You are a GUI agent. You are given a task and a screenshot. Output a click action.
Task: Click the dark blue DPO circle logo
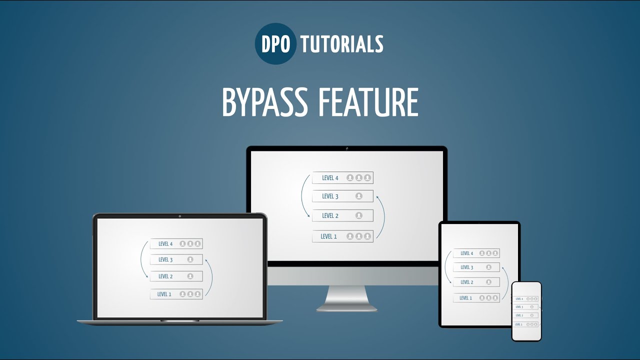coord(275,44)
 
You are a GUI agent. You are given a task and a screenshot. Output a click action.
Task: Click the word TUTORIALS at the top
coord(341,44)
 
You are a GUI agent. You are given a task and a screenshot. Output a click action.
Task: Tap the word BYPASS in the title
coord(264,102)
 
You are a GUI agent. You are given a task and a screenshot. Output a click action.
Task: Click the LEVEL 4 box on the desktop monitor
coord(342,178)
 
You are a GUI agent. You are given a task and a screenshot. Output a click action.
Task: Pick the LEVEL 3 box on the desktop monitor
coord(342,196)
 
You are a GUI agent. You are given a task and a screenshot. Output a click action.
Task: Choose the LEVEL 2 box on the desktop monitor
coord(342,216)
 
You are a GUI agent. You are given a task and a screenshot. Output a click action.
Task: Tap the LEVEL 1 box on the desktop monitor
coord(342,236)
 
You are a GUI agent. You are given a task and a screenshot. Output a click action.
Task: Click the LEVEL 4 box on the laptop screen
coord(176,244)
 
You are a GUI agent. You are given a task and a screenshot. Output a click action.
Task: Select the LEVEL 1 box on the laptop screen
coord(176,294)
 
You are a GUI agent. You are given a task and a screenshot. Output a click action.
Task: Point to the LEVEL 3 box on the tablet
coord(476,267)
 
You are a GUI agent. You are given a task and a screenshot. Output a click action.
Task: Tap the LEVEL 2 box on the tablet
coord(476,282)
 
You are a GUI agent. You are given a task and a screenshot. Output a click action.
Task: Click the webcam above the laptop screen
coord(179,216)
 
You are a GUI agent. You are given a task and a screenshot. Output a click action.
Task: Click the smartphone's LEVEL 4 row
coord(526,299)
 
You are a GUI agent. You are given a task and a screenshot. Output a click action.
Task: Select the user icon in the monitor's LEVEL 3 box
coord(358,196)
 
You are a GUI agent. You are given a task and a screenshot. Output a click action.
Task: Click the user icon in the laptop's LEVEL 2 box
coord(190,276)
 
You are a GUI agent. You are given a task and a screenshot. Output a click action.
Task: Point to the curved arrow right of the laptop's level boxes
coord(210,277)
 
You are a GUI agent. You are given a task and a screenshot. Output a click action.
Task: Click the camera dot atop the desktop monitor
coord(346,148)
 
